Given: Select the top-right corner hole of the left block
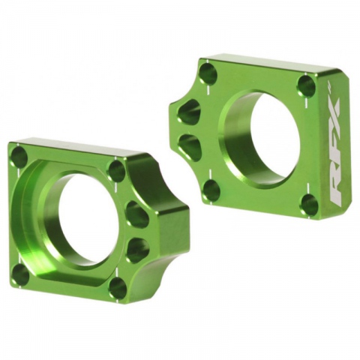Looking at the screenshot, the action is [117, 169].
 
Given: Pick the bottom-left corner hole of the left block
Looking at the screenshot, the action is [21, 275].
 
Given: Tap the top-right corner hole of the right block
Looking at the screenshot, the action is [307, 85].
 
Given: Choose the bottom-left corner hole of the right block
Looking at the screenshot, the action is [211, 190].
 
